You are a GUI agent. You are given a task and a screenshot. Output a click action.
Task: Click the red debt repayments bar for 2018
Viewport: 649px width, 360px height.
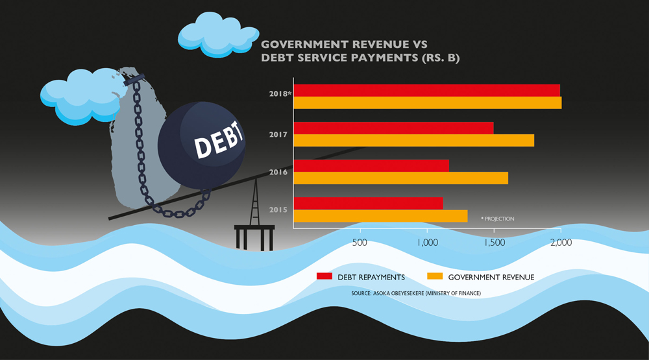point(427,90)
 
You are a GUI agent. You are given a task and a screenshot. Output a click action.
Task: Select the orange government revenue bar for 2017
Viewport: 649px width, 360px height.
point(414,140)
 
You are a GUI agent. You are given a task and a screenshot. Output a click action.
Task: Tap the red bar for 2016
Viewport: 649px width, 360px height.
point(371,165)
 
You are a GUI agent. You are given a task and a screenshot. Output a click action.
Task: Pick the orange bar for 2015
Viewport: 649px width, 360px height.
point(381,216)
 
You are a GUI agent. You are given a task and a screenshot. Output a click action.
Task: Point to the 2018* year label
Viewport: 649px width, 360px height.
point(280,93)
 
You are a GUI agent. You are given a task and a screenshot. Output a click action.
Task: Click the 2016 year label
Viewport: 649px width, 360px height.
point(278,172)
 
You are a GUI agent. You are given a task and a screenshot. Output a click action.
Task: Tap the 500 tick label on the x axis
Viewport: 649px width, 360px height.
point(360,243)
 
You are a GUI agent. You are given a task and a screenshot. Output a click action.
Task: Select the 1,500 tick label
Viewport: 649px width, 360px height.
point(495,243)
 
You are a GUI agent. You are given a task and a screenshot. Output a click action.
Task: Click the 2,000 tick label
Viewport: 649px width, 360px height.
point(561,243)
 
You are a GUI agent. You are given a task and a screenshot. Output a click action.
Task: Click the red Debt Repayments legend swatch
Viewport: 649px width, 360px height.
point(324,276)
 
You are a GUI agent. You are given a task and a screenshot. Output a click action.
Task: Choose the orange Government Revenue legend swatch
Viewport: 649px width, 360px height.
point(435,276)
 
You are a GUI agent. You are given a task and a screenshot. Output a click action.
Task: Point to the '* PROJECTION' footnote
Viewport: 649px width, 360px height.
point(498,219)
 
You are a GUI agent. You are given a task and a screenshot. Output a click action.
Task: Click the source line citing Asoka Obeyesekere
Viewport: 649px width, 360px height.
point(416,293)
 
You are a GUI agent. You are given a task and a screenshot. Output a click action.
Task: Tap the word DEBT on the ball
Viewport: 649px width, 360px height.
point(219,140)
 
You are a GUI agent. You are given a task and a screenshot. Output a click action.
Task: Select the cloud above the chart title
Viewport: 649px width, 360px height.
point(217,36)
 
